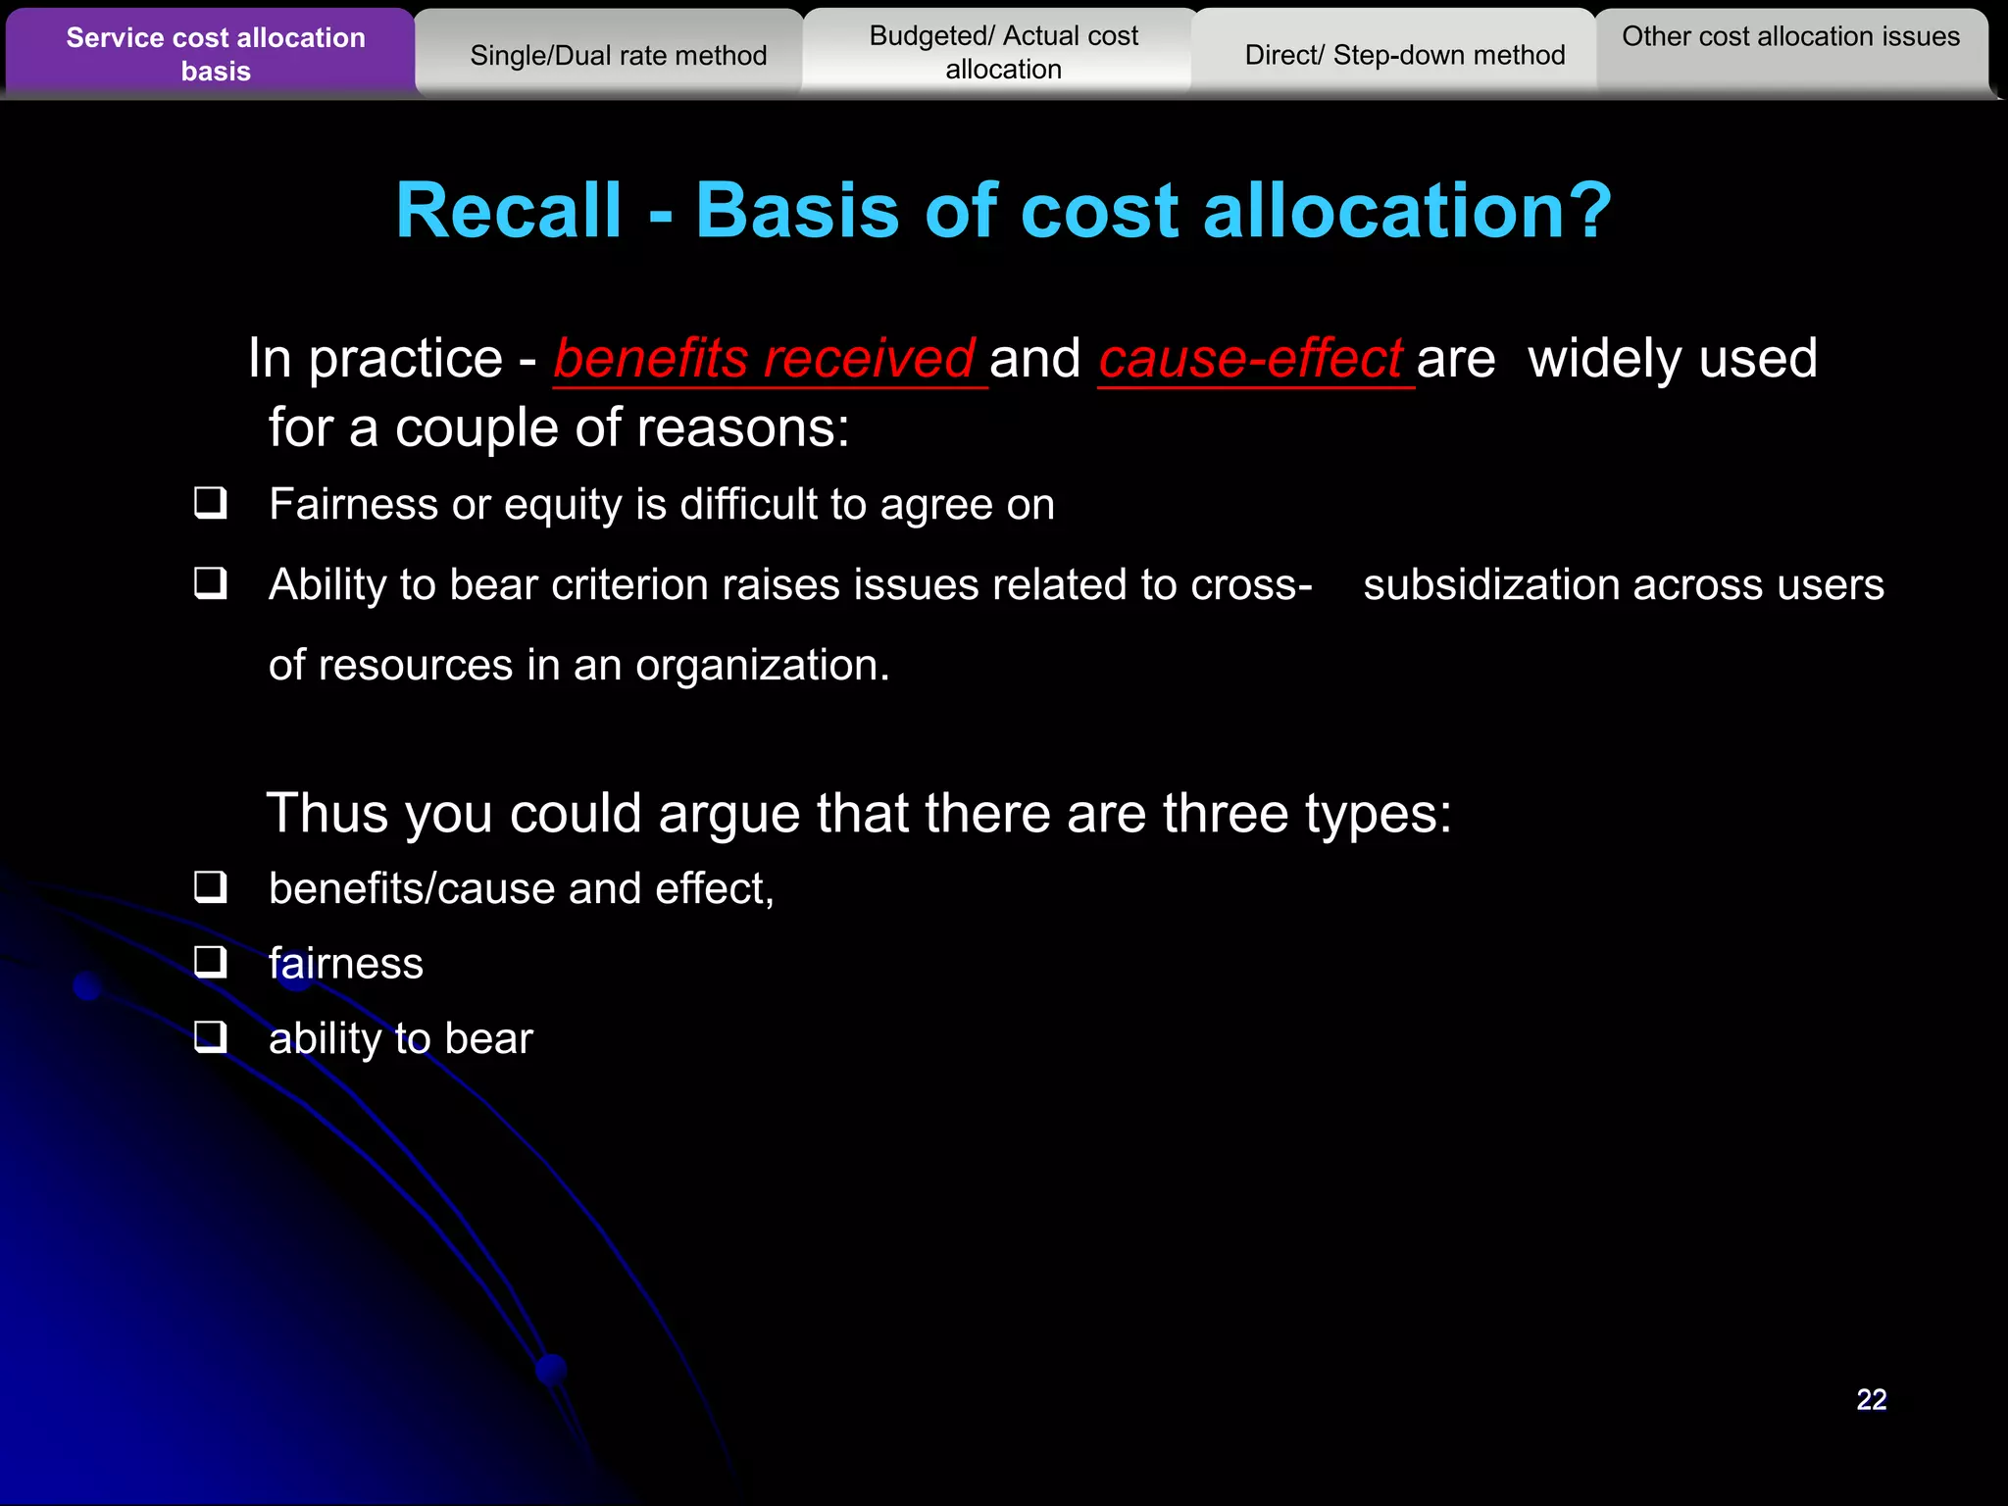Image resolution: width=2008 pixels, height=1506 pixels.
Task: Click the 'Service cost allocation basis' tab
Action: (x=215, y=54)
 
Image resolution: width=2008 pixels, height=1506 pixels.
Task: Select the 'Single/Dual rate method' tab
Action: (x=618, y=56)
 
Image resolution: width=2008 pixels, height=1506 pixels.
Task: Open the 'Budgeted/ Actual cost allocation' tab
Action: (x=1003, y=53)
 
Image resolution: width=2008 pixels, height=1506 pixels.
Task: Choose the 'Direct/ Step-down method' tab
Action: (x=1404, y=56)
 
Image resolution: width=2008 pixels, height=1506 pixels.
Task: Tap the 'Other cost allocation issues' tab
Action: (x=1790, y=37)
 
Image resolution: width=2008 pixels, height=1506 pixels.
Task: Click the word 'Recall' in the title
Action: (x=509, y=211)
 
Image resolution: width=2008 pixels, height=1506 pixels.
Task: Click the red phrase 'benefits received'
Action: (x=764, y=359)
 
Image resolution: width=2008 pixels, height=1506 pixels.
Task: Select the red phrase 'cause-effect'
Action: (x=1250, y=359)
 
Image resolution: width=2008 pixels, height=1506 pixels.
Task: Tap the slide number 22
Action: (x=1871, y=1399)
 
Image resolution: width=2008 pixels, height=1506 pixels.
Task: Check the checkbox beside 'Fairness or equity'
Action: (x=210, y=503)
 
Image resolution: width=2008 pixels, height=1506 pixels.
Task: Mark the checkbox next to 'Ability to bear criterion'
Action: (x=210, y=583)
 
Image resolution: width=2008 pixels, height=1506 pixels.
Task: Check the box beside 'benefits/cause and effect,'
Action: (x=210, y=887)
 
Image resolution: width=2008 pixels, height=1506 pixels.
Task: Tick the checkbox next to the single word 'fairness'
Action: (x=210, y=962)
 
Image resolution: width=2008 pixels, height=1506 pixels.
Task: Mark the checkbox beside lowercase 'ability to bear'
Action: (x=210, y=1036)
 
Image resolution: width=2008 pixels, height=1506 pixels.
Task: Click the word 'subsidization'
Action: (x=1490, y=585)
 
